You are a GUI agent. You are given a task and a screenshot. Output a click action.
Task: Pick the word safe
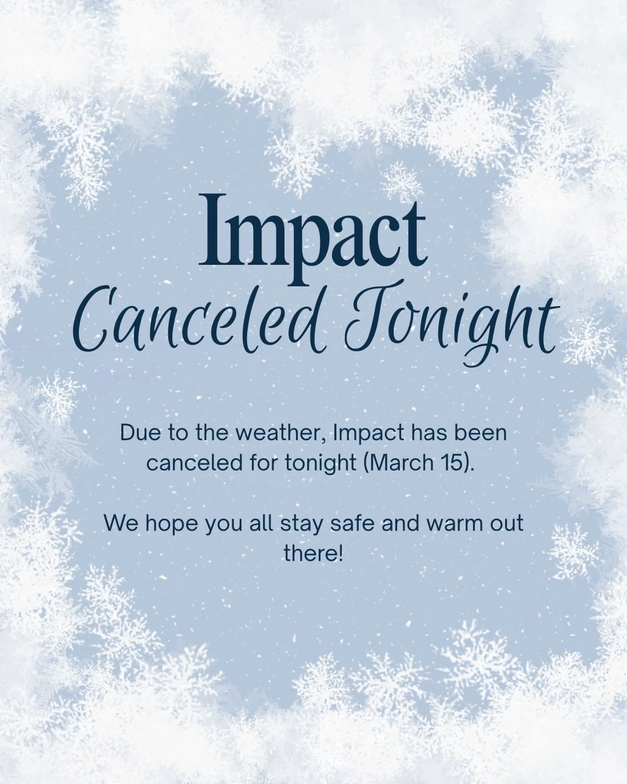coord(354,523)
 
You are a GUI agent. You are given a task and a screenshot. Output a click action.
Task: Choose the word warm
coord(459,523)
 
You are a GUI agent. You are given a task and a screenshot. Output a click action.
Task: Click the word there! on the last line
coord(313,553)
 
